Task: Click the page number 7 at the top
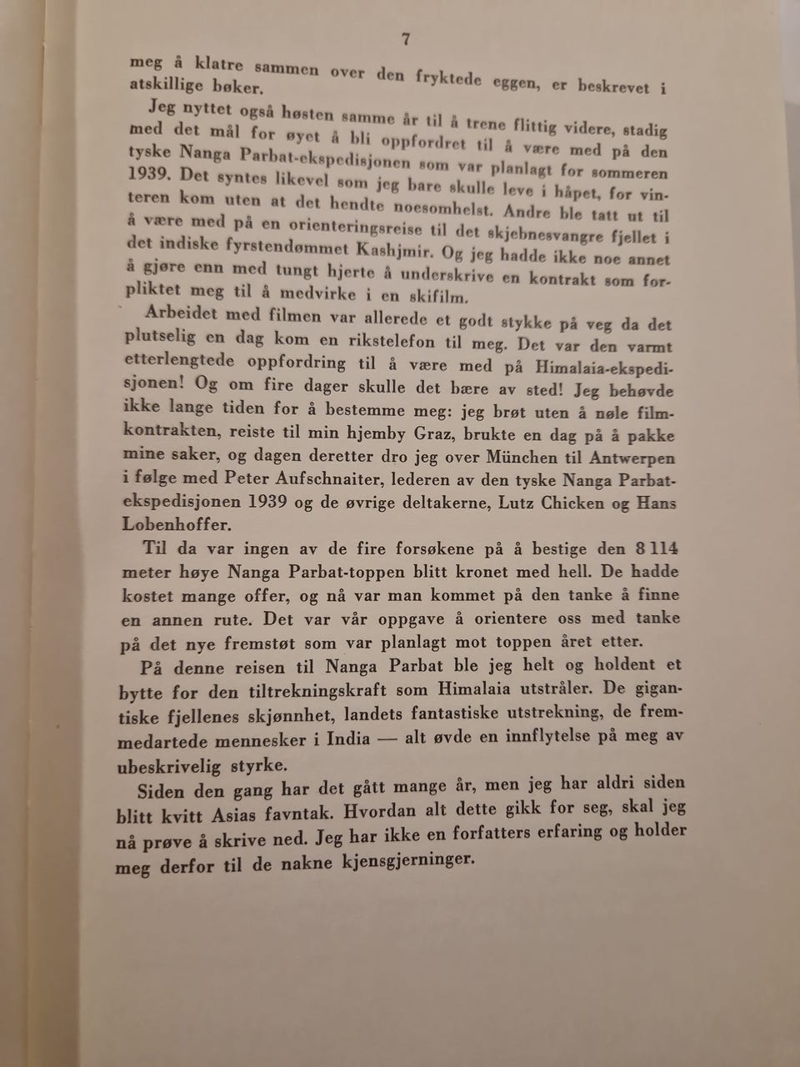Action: [406, 38]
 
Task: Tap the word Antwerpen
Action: [632, 458]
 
